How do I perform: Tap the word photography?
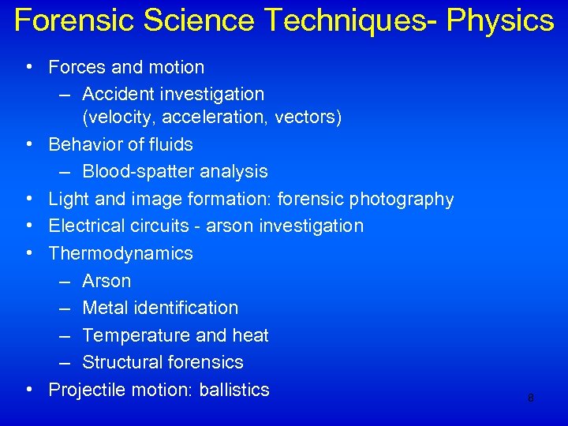402,199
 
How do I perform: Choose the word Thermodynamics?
121,253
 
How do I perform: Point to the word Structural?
121,362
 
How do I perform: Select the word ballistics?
234,390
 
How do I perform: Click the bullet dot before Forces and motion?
28,68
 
